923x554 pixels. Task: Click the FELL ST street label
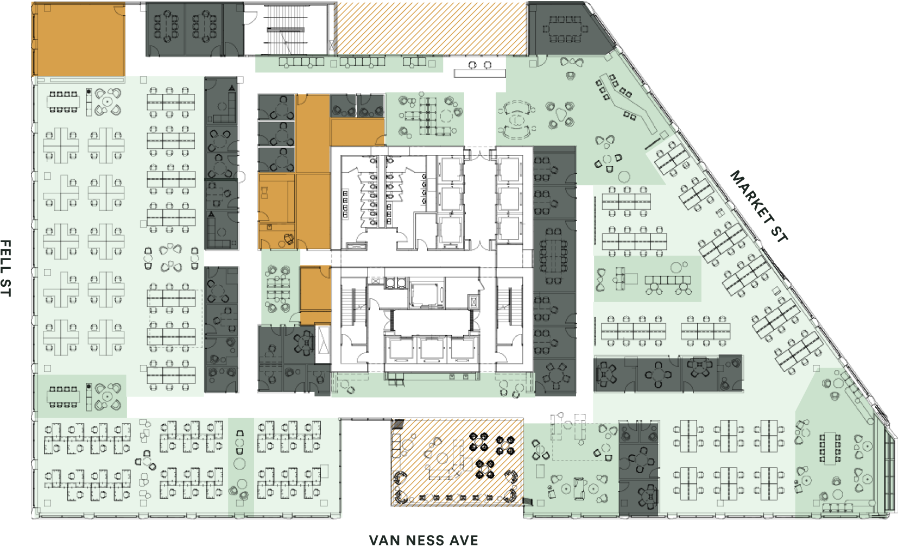[x=6, y=268]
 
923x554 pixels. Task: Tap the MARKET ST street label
[x=759, y=206]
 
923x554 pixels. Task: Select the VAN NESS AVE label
[x=423, y=540]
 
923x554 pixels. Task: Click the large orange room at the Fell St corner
[x=79, y=40]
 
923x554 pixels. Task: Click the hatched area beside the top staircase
[x=431, y=28]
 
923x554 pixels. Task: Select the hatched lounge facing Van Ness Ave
[x=457, y=462]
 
